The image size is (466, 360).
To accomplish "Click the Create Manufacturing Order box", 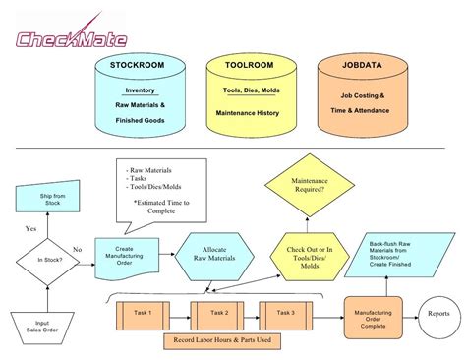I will (x=124, y=256).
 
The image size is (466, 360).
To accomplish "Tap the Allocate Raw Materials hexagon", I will (x=213, y=256).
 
